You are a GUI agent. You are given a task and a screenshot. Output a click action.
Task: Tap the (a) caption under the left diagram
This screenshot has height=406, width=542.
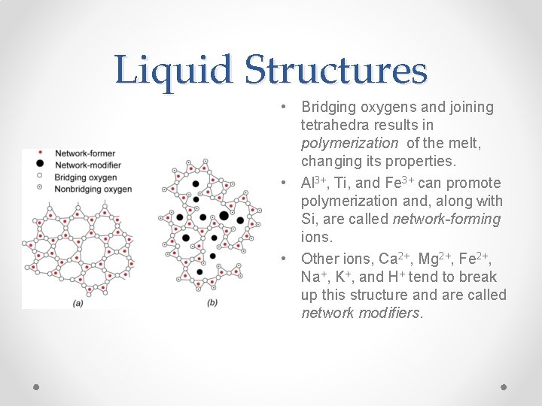78,303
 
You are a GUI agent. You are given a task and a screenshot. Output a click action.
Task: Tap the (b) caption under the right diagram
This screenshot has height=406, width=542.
212,303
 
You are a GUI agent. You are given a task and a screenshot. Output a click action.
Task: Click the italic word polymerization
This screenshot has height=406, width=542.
349,143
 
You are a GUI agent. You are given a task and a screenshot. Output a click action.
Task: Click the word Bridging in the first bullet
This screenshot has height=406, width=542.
329,107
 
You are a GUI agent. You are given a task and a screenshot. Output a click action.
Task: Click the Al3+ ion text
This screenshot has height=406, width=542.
313,182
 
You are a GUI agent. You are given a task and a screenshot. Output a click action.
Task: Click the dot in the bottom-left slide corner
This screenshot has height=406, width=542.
36,388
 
